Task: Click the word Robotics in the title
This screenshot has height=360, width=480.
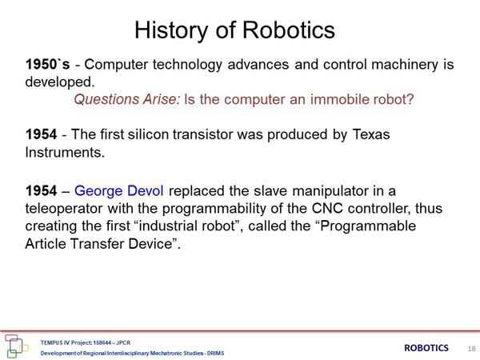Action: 289,30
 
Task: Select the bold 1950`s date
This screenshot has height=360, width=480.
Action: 47,64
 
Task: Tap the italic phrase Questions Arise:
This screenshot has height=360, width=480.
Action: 127,99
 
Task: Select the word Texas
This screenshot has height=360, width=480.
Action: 371,134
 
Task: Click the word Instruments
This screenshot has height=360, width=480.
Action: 65,152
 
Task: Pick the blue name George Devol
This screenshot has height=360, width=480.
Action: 118,190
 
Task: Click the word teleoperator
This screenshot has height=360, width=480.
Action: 64,209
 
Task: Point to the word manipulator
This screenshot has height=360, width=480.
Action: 330,191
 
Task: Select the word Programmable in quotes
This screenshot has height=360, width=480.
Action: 368,226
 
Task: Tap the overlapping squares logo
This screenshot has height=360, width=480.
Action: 16,346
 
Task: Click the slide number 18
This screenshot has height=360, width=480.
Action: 471,348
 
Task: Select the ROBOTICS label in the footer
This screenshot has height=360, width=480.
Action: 426,348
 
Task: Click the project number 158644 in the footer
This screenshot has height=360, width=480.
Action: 102,342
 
